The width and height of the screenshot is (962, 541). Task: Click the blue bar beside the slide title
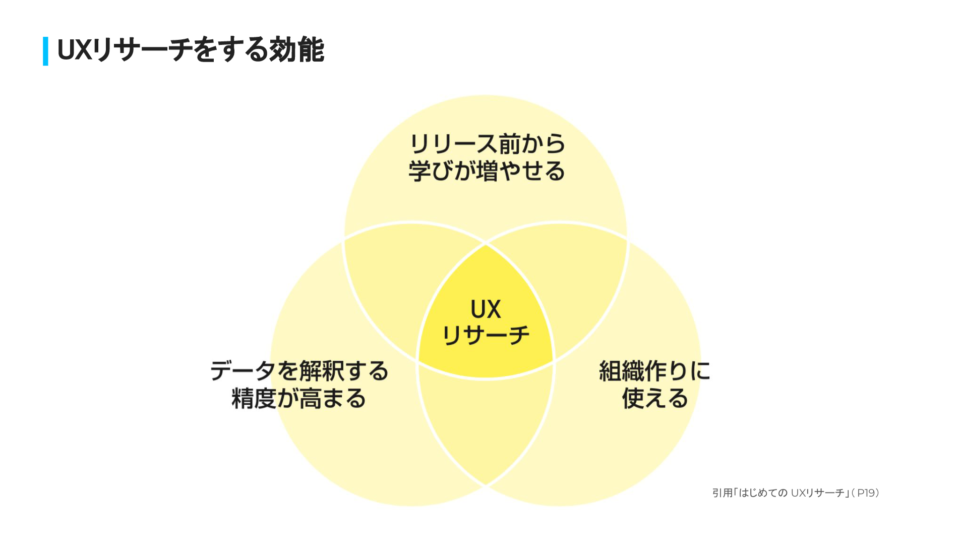pyautogui.click(x=45, y=51)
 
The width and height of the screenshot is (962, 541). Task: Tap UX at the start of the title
pyautogui.click(x=74, y=50)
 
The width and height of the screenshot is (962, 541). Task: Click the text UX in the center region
pyautogui.click(x=486, y=309)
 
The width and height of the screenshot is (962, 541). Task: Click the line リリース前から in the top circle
pyautogui.click(x=487, y=144)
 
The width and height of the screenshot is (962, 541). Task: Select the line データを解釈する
pyautogui.click(x=299, y=371)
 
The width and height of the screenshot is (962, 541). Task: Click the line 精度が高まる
pyautogui.click(x=299, y=399)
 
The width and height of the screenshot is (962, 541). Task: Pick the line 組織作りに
pyautogui.click(x=654, y=371)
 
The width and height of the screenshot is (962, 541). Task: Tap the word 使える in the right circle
pyautogui.click(x=654, y=399)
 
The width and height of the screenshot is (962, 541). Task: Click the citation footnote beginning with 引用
pyautogui.click(x=796, y=493)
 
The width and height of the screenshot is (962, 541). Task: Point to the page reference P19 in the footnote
pyautogui.click(x=867, y=493)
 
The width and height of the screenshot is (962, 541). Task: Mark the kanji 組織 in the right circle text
pyautogui.click(x=621, y=371)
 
